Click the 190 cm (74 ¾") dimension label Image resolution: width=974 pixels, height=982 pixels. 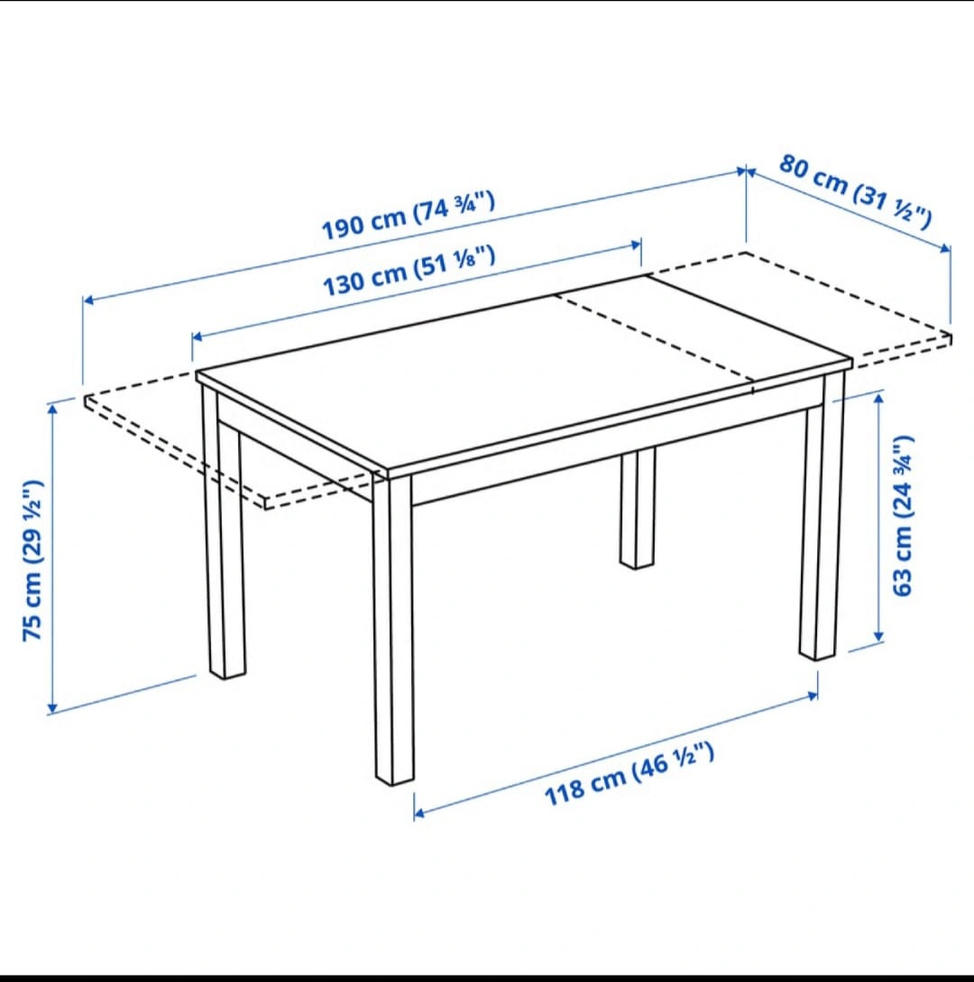[409, 216]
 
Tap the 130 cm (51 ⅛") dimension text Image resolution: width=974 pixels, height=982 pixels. [409, 271]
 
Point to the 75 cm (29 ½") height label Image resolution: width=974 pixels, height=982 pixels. [32, 560]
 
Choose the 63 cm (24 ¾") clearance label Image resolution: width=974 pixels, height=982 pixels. [903, 515]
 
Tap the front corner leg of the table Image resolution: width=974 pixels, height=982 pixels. [393, 629]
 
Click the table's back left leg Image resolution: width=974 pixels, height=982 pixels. [224, 532]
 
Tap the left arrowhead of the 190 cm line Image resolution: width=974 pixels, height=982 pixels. [88, 299]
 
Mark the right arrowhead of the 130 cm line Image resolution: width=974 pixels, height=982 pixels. [636, 245]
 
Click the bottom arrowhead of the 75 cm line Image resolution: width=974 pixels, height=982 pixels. [52, 708]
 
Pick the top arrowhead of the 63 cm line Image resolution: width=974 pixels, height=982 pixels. [878, 399]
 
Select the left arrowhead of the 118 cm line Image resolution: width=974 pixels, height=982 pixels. [419, 812]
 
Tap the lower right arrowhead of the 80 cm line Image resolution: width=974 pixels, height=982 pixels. [946, 249]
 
